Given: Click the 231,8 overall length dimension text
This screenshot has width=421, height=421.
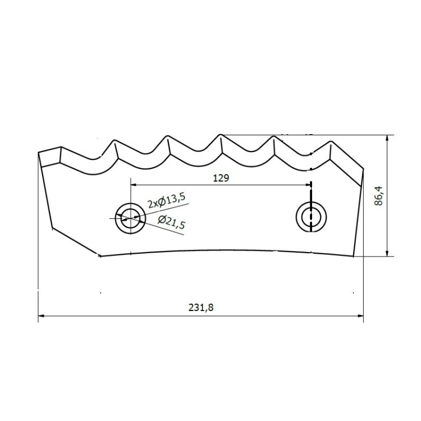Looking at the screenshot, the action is click(201, 308).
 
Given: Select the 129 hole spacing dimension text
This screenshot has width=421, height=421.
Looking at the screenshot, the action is click(221, 178).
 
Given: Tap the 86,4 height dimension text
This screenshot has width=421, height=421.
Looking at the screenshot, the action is click(378, 196).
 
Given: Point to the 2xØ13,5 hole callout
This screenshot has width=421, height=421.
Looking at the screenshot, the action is click(167, 201).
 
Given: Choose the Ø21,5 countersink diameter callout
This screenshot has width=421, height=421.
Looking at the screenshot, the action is click(172, 222).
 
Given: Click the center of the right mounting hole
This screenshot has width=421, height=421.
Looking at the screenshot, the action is click(311, 217).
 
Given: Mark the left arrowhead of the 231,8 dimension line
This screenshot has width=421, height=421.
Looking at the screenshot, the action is click(41, 315).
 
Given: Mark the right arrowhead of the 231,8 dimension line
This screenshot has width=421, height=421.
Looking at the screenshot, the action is click(360, 315).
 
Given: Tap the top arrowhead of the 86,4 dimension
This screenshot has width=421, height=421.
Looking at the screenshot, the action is click(387, 138).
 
